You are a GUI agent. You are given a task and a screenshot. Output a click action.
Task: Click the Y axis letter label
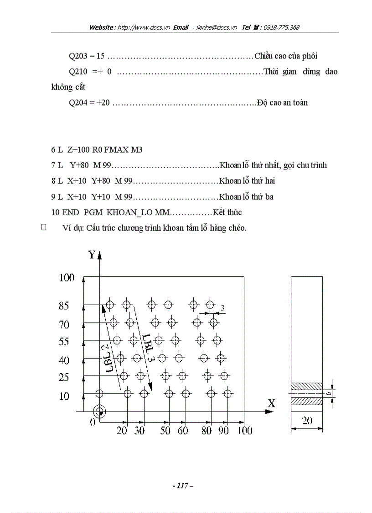[x=92, y=255]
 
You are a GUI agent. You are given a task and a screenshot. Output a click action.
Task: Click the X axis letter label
[x=271, y=403]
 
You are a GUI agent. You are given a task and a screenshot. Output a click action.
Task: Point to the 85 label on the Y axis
[x=64, y=307]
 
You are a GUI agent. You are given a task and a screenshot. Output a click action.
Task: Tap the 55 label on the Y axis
[x=64, y=342]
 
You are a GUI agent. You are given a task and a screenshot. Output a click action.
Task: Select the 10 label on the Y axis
[x=64, y=396]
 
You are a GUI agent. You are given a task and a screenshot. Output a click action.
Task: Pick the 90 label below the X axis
[x=223, y=430]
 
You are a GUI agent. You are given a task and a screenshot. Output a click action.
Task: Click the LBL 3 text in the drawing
[x=147, y=347]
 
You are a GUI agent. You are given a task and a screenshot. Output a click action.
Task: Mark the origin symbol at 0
[x=99, y=412]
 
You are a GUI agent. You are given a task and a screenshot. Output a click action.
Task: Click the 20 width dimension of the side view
[x=307, y=421]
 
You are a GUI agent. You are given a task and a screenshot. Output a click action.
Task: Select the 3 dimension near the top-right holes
[x=222, y=308]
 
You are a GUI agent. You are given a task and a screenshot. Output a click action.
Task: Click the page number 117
[x=183, y=486]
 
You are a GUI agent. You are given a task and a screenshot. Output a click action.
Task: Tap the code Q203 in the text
[x=78, y=56]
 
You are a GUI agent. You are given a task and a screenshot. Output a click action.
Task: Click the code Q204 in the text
[x=78, y=103]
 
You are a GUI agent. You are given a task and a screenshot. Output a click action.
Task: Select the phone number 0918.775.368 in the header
[x=279, y=27]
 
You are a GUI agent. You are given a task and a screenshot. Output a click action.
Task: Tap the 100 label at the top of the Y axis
[x=67, y=278]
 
